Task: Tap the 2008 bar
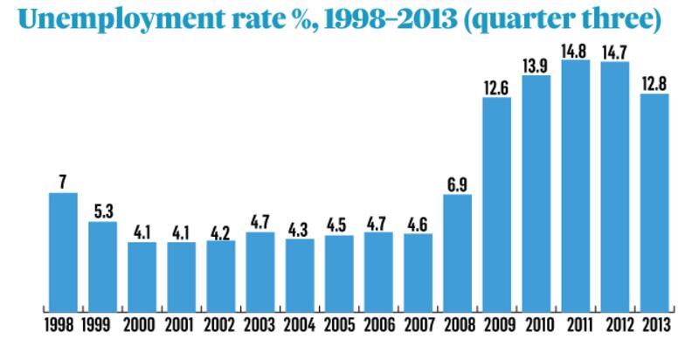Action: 457,253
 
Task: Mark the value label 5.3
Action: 102,211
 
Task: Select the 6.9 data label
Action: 457,183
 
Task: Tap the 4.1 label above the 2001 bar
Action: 181,232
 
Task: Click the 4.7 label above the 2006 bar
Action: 378,222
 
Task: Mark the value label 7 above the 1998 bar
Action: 63,182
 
